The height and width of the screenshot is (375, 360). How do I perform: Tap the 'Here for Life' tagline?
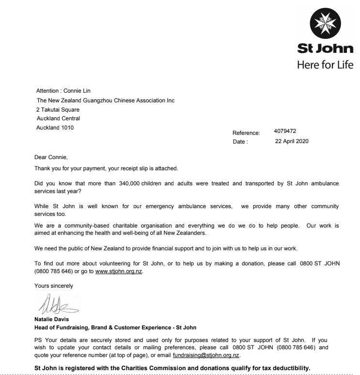click(325, 65)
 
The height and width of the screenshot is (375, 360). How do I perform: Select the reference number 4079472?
click(285, 131)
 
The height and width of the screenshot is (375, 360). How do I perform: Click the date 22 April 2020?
click(292, 141)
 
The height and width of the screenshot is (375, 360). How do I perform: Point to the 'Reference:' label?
click(246, 133)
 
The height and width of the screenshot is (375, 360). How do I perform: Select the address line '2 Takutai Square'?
click(58, 110)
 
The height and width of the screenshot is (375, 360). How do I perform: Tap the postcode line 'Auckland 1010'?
click(55, 128)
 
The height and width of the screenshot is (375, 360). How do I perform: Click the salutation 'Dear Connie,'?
click(51, 157)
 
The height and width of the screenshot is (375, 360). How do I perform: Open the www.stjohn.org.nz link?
click(119, 271)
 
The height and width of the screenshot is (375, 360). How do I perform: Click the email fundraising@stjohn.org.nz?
click(206, 355)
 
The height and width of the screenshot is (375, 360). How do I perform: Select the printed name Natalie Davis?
click(52, 320)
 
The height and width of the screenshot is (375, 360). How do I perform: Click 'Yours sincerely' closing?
click(54, 286)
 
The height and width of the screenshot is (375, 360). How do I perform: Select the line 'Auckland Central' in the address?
click(59, 118)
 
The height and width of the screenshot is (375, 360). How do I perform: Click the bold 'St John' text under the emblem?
click(325, 49)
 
